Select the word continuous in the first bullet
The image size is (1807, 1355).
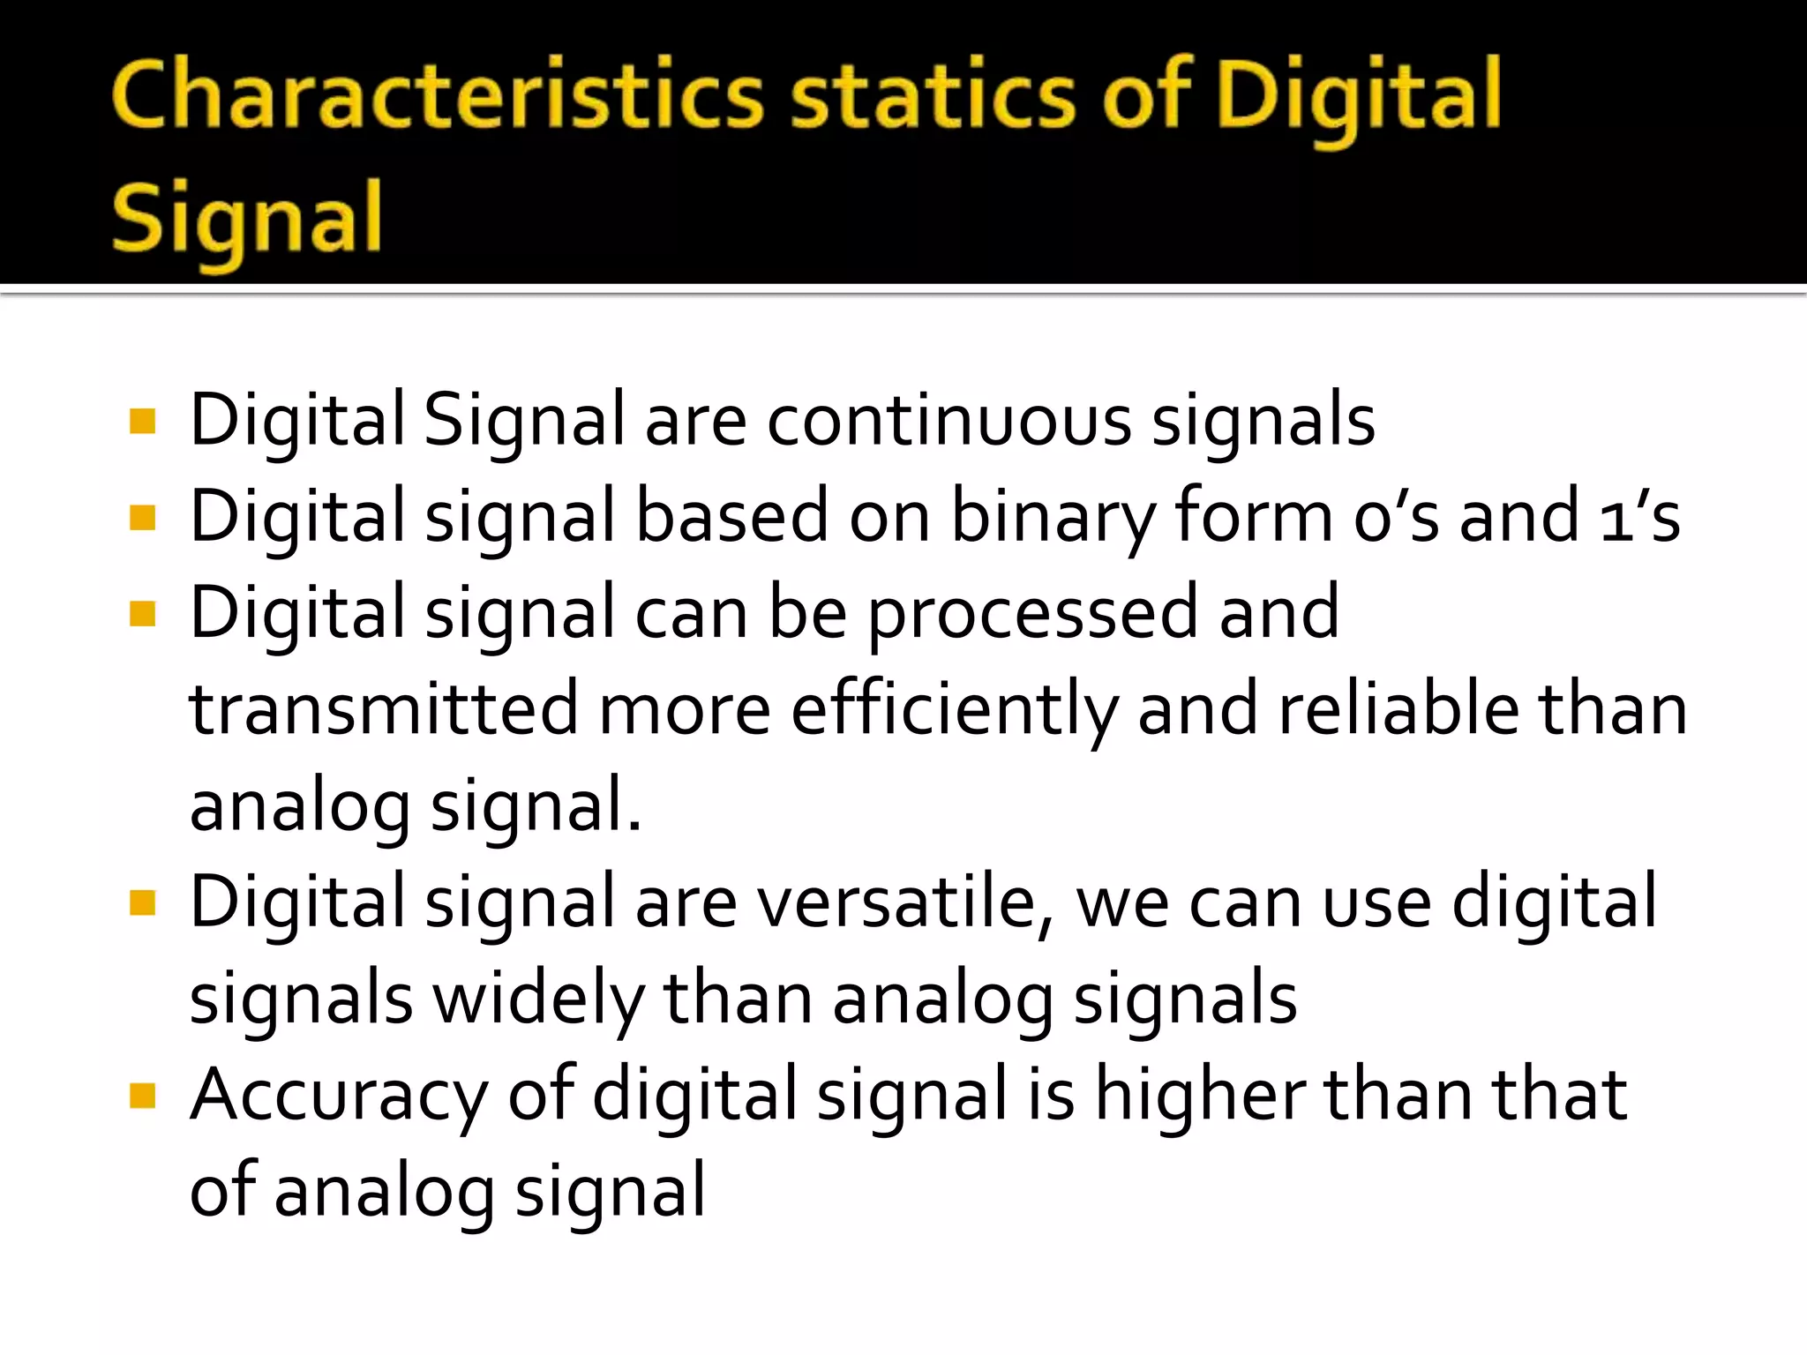[x=948, y=420]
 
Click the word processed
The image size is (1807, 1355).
[x=1033, y=614]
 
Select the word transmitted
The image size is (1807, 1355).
[x=384, y=709]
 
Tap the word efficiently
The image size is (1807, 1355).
[x=954, y=711]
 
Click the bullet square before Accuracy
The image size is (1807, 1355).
[x=142, y=1096]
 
